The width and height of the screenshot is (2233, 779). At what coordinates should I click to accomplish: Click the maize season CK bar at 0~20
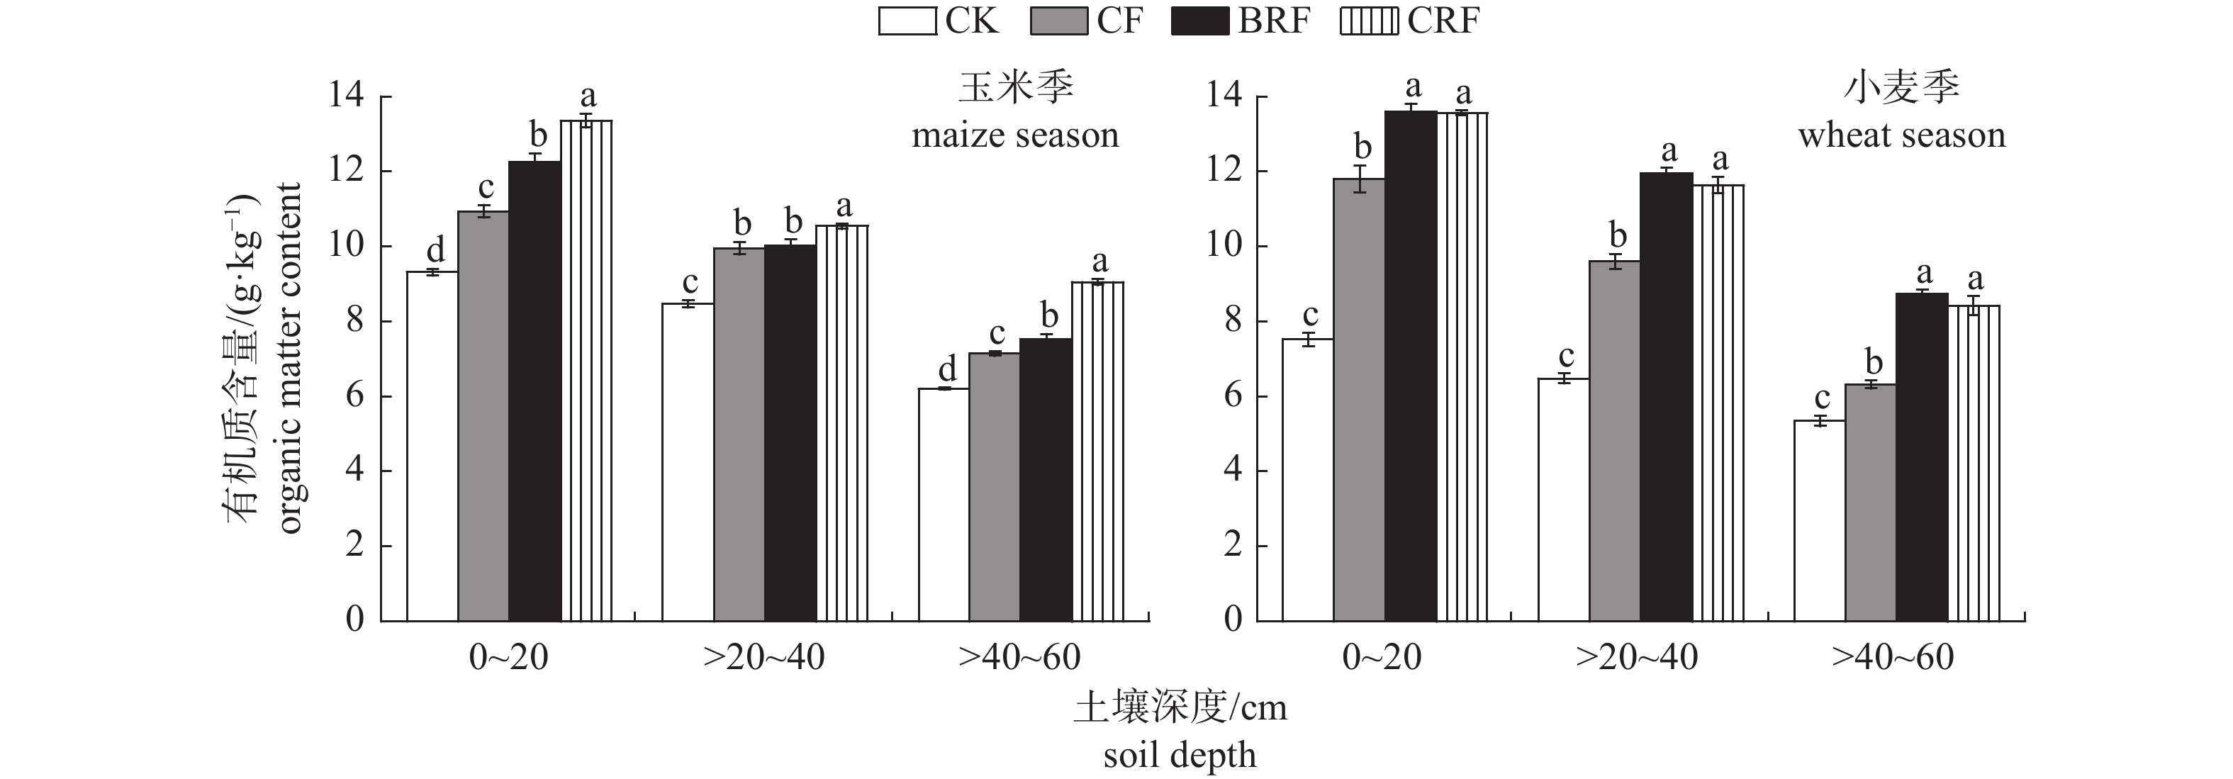tap(432, 447)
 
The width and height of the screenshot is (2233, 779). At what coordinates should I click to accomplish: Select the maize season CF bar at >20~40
tap(739, 434)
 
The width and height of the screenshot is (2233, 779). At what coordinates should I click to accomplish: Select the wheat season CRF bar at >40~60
tap(1974, 463)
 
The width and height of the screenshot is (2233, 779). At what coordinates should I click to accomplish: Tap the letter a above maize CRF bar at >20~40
tap(844, 207)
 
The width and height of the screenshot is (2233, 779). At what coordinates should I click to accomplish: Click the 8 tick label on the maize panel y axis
tap(354, 322)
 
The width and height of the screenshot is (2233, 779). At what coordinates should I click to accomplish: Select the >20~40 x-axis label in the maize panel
tap(763, 658)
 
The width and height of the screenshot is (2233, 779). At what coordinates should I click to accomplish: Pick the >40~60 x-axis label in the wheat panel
tap(1893, 658)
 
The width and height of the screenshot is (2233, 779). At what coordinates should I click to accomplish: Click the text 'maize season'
tap(1015, 136)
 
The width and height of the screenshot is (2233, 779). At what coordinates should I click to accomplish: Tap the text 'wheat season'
tap(1902, 136)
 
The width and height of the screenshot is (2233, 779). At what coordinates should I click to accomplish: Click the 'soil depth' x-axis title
tap(1180, 755)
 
